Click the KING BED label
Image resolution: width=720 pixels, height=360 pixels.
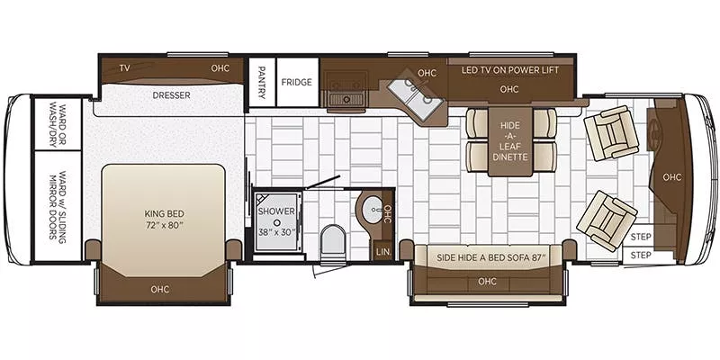click(x=164, y=214)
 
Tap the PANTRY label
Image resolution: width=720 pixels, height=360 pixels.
click(x=262, y=82)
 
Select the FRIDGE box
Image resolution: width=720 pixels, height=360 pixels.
click(x=297, y=82)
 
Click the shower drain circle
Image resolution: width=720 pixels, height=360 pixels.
click(x=277, y=221)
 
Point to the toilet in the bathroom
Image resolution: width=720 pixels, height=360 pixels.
click(x=333, y=239)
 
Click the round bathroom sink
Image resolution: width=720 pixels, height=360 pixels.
click(x=373, y=210)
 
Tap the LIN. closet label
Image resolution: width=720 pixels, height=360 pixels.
click(x=382, y=252)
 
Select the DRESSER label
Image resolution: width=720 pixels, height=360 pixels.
click(x=171, y=95)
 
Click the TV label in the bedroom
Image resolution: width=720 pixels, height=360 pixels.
click(x=124, y=68)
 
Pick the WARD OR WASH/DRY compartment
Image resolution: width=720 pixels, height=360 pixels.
click(x=58, y=124)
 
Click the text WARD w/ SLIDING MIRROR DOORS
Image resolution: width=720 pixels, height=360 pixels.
click(x=58, y=205)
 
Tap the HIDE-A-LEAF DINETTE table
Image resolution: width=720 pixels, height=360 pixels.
click(x=510, y=141)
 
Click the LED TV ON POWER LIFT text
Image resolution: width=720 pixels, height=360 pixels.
click(x=509, y=70)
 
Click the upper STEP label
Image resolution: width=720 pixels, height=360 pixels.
click(x=641, y=237)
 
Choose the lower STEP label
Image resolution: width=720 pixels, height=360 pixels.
click(x=641, y=255)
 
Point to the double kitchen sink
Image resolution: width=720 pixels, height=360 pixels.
click(x=415, y=95)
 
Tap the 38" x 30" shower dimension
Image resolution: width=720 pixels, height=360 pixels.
click(x=276, y=232)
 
